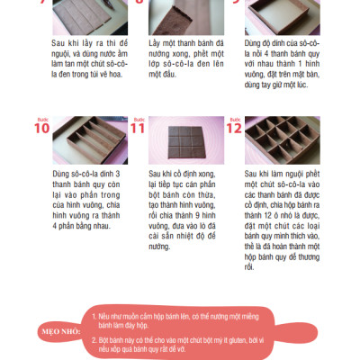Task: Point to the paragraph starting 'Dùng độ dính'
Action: tap(293, 58)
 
